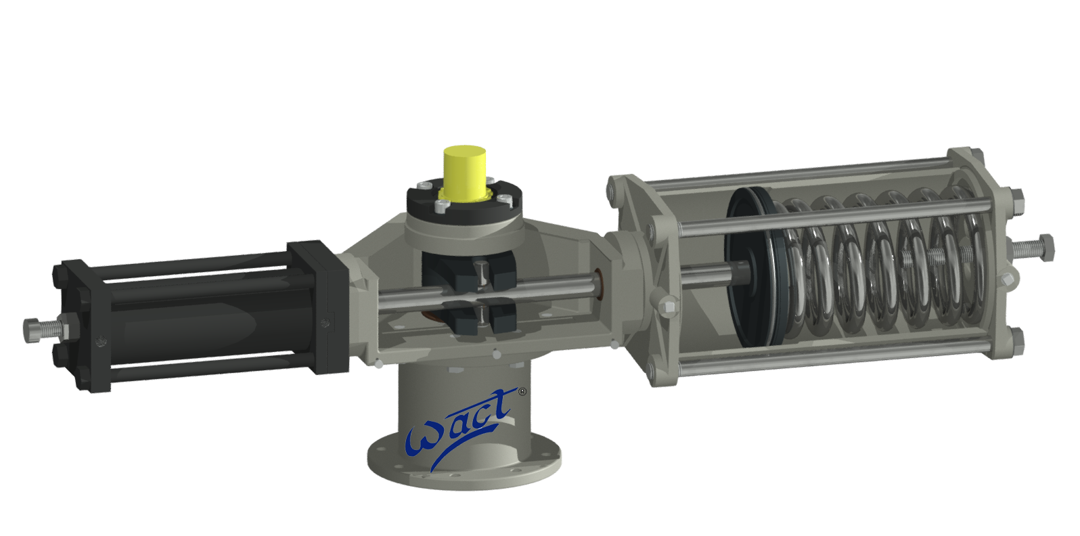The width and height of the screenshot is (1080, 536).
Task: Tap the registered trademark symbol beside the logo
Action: coord(521,392)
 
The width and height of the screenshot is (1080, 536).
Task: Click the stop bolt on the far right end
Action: coord(1035,247)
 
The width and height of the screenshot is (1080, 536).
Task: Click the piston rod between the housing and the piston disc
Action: coord(704,274)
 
